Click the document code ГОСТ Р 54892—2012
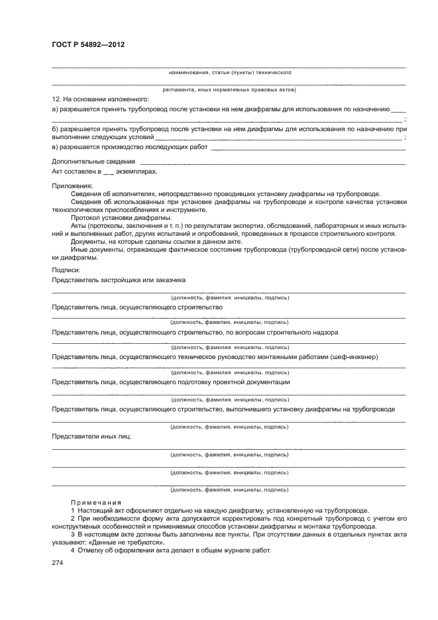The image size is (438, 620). [88, 44]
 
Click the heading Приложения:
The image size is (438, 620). [72, 185]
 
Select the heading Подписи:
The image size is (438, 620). [66, 270]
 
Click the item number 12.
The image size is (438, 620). [56, 99]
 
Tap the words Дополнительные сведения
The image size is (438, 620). [93, 161]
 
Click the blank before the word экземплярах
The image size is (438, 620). [109, 171]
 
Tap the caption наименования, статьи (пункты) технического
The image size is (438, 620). [230, 72]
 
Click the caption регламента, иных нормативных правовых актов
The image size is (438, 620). [229, 89]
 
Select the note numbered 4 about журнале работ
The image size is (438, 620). [171, 550]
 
